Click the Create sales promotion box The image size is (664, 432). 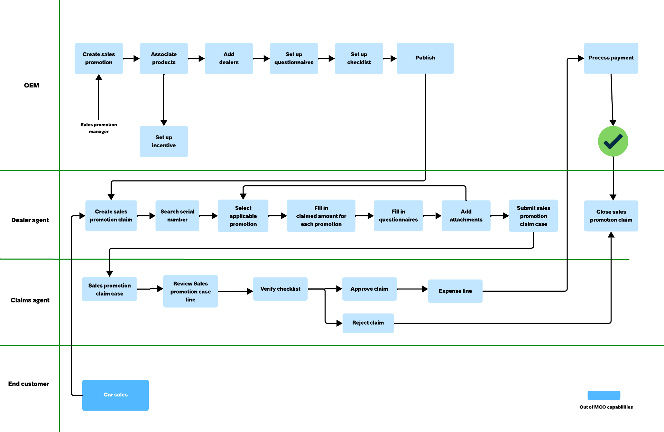(99, 58)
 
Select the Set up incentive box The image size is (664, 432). (164, 141)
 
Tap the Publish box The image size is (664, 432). (425, 58)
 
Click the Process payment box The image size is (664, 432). (611, 58)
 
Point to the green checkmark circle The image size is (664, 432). (613, 141)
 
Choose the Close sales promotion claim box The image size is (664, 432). (611, 216)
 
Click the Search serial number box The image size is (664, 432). (177, 216)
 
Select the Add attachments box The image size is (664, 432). (466, 216)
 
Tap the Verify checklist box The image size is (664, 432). (280, 289)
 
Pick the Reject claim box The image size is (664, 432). (368, 323)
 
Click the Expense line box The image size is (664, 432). (455, 291)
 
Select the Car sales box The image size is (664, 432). (116, 395)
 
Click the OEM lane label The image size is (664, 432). (31, 85)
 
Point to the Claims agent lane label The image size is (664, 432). (30, 300)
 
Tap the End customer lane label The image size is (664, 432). (29, 384)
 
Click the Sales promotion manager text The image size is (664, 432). (99, 128)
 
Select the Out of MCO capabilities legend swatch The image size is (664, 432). (604, 395)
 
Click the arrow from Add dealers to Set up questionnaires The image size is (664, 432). (261, 59)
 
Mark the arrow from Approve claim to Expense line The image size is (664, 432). (412, 289)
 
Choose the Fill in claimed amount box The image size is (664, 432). (321, 216)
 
